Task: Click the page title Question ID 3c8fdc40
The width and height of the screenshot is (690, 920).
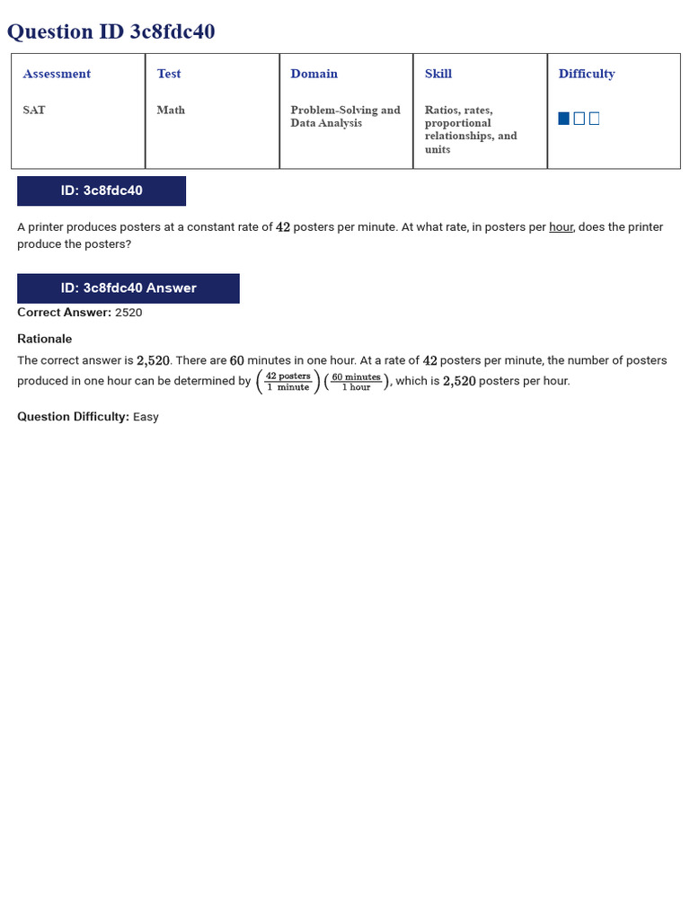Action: click(x=111, y=32)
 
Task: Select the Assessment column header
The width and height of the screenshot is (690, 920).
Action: click(x=57, y=74)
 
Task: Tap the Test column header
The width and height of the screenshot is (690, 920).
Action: click(x=169, y=74)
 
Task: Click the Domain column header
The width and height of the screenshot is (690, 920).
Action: click(x=314, y=74)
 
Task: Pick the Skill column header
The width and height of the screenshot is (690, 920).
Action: click(x=438, y=74)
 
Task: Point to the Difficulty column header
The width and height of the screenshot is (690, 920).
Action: click(x=587, y=74)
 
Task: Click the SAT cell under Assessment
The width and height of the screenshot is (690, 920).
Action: click(x=34, y=110)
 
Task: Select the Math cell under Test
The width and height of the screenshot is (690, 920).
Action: click(x=171, y=110)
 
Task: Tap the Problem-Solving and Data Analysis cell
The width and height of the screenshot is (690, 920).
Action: click(x=345, y=116)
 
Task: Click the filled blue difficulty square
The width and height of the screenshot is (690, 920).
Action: click(x=564, y=119)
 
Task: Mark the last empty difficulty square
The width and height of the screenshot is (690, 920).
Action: click(x=594, y=119)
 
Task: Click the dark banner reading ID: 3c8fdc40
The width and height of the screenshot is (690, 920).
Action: click(x=102, y=190)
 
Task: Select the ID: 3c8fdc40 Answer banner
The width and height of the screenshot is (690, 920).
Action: click(x=128, y=288)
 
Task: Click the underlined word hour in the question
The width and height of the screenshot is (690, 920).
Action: click(x=562, y=227)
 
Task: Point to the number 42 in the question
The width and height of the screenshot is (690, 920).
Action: click(x=283, y=227)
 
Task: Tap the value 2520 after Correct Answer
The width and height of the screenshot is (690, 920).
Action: click(x=128, y=313)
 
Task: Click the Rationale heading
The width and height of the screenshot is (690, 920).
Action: click(x=45, y=339)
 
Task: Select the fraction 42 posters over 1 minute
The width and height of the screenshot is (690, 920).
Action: click(x=287, y=382)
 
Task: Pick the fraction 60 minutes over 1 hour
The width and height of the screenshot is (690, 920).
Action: click(x=357, y=382)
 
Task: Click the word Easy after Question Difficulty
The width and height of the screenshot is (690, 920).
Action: click(x=146, y=417)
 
